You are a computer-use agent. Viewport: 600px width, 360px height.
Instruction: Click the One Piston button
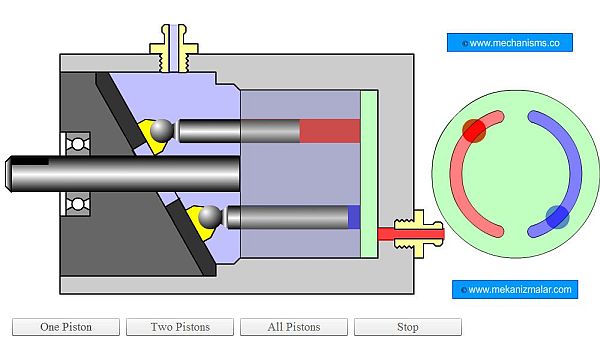coord(66,327)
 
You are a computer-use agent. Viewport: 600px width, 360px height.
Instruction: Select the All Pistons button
coord(294,327)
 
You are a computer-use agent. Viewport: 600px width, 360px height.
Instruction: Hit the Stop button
coord(408,327)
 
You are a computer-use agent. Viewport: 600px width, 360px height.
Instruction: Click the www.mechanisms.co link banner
coord(510,42)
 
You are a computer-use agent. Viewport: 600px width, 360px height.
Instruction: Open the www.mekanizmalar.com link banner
coord(515,289)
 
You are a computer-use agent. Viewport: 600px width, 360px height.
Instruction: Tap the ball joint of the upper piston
coord(162,130)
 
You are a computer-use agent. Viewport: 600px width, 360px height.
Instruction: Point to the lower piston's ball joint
coord(210,217)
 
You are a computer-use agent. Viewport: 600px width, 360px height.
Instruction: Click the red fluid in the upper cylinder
coord(330,130)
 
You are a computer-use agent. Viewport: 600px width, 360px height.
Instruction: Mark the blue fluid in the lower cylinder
coord(354,217)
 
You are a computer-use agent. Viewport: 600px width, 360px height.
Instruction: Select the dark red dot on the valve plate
coord(474,130)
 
